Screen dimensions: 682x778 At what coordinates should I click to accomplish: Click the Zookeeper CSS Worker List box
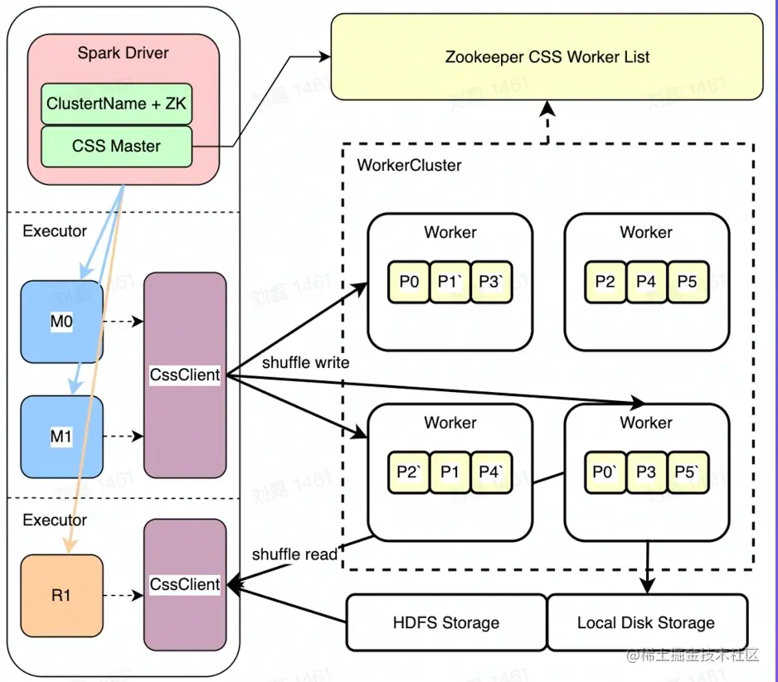point(547,57)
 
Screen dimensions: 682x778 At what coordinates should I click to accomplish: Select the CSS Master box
point(116,146)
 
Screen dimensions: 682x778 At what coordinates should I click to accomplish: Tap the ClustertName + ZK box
point(116,104)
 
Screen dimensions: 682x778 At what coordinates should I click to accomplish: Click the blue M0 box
point(61,322)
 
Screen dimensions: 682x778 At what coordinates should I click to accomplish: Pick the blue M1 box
point(61,436)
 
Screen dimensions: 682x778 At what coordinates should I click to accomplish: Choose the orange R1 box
point(61,595)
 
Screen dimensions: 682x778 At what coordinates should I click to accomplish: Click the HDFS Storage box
point(446,622)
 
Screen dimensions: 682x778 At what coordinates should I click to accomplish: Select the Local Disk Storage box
point(646,622)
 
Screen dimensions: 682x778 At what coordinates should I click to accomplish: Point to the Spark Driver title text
point(123,53)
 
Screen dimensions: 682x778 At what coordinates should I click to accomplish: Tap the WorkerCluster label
point(409,165)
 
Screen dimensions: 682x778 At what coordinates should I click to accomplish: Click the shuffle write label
point(305,363)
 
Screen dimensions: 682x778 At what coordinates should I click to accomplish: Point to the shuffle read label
point(294,554)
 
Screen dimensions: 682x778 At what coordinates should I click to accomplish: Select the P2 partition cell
point(605,282)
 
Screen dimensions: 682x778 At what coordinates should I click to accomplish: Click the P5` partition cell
point(688,472)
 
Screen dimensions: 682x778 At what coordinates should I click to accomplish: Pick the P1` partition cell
point(450,282)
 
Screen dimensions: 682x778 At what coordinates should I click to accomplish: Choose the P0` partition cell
point(605,472)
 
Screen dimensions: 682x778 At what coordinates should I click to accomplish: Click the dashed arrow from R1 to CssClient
point(124,595)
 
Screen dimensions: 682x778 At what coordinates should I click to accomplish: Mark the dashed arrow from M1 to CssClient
point(124,436)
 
